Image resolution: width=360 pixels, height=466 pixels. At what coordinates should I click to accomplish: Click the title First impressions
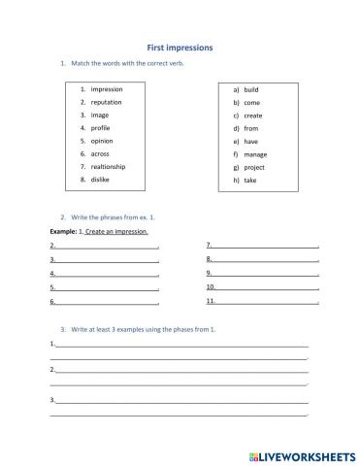[180, 46]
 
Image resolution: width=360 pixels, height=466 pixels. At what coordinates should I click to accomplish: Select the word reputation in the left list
[109, 102]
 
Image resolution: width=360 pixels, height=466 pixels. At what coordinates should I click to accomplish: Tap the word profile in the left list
[101, 127]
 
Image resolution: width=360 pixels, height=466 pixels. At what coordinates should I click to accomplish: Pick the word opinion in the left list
[102, 141]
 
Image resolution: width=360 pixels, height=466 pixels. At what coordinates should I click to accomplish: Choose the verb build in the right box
[251, 89]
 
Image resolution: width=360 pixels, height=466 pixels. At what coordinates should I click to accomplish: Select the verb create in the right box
[252, 115]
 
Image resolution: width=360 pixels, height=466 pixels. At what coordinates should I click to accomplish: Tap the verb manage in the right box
[255, 153]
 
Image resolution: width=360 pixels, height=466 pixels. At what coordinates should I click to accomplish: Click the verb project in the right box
[254, 166]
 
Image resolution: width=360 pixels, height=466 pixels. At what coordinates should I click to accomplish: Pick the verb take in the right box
[250, 180]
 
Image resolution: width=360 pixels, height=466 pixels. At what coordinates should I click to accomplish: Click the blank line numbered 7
[265, 247]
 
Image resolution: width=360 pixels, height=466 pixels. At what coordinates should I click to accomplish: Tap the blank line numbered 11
[267, 302]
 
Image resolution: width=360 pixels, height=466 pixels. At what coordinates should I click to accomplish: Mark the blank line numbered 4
[107, 275]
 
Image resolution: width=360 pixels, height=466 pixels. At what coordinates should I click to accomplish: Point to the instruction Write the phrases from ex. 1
[112, 217]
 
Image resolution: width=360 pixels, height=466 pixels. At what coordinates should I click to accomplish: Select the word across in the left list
[101, 153]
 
